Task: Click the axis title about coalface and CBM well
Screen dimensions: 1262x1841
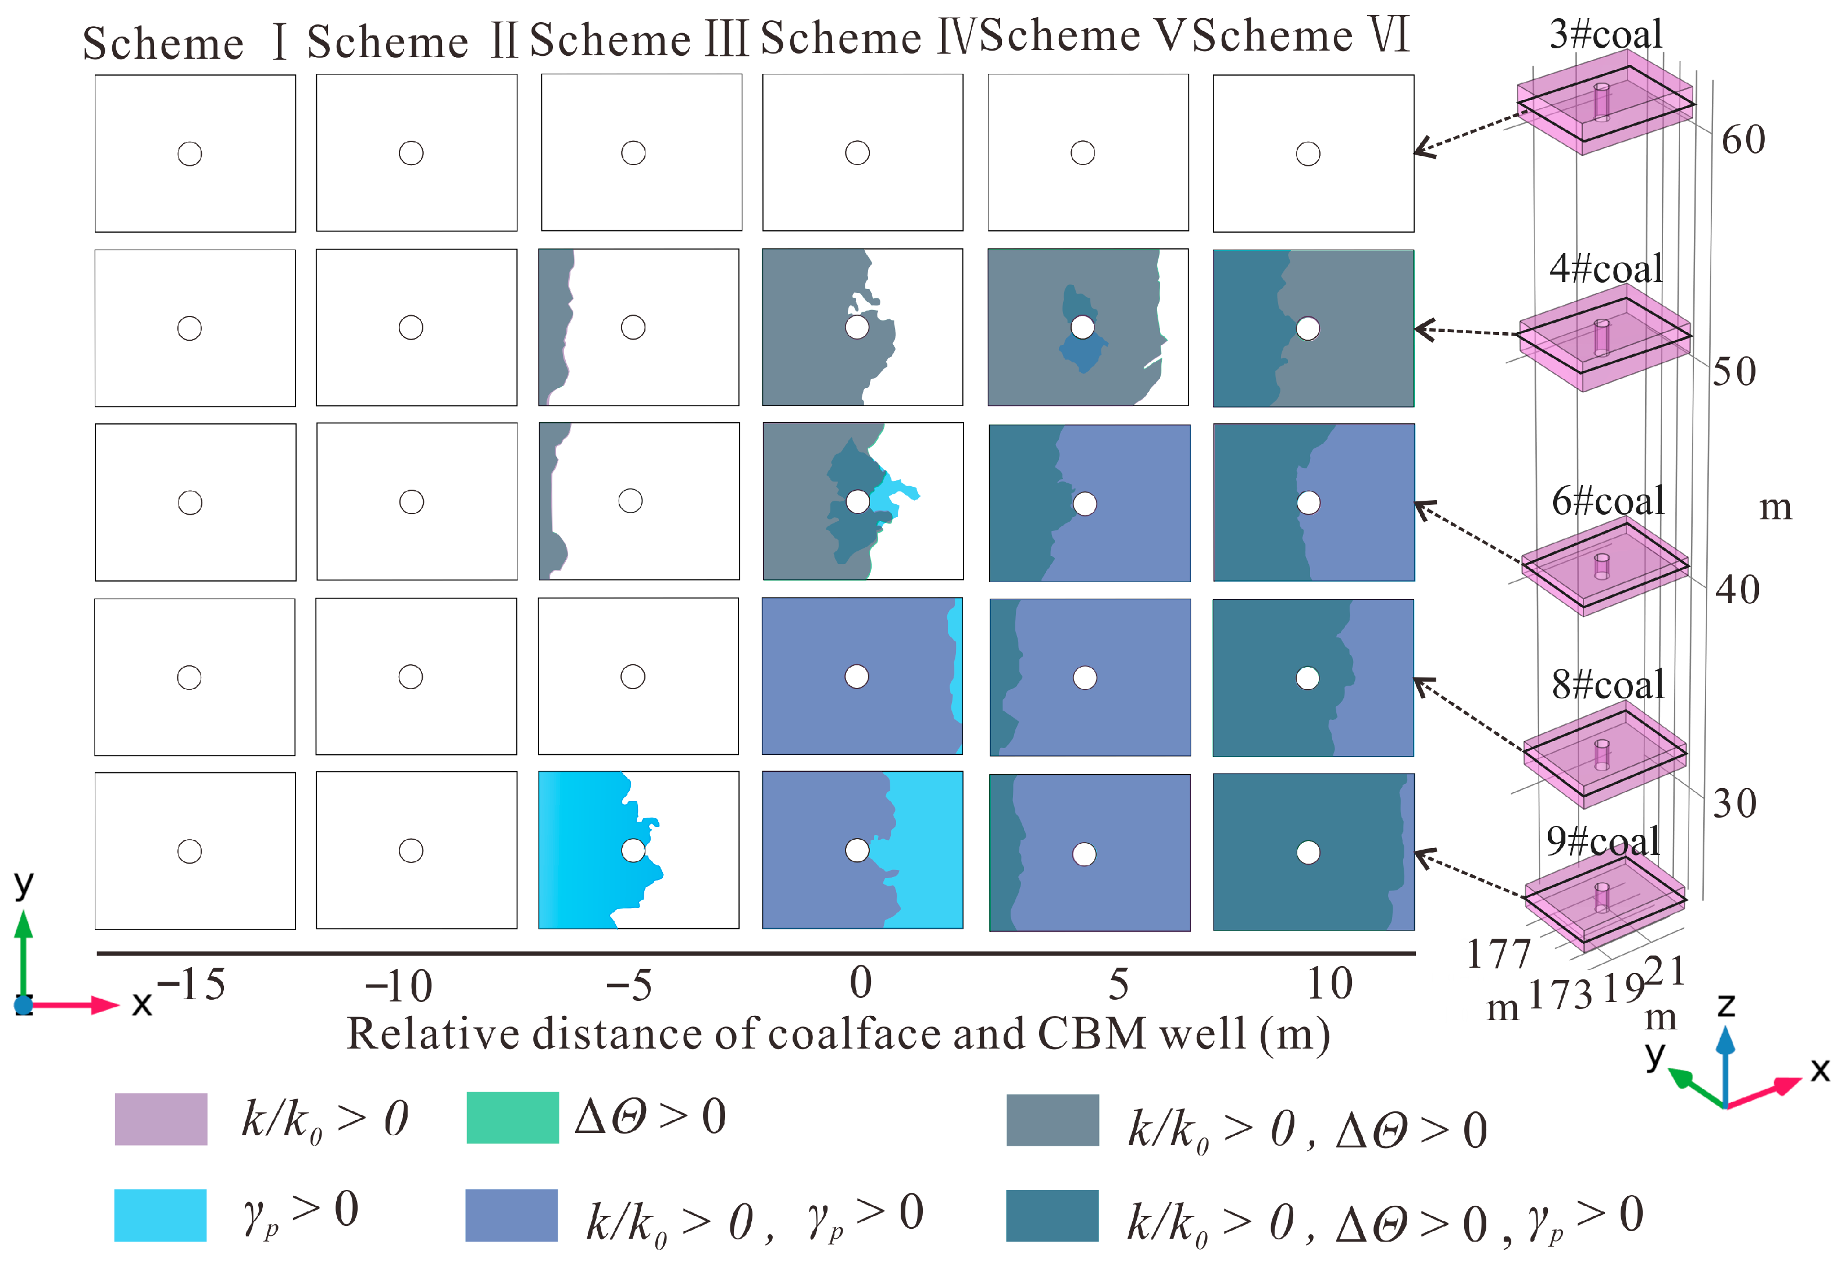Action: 838,1034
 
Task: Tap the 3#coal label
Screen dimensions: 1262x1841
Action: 1605,33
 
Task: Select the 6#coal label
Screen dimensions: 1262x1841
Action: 1607,501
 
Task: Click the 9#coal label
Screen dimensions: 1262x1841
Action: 1603,840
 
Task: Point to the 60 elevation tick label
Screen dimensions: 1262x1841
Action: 1743,140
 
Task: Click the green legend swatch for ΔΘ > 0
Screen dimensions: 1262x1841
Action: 512,1118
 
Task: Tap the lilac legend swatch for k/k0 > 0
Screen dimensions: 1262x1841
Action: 161,1118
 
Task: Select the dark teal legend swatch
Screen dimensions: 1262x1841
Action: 1052,1214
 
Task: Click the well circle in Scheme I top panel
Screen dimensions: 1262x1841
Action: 190,154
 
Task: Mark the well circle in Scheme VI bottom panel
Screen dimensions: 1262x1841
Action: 1308,853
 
